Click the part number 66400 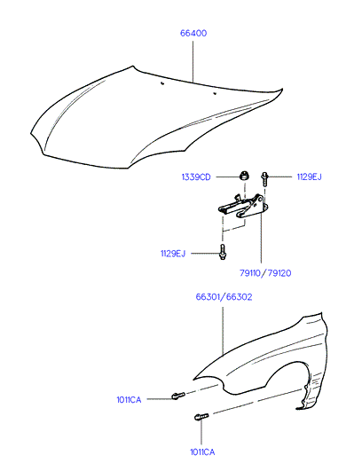[x=193, y=33]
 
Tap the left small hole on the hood [x=162, y=83]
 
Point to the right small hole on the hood [x=215, y=93]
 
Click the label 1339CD [x=196, y=177]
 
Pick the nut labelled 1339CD [x=245, y=175]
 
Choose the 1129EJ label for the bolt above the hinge [x=309, y=177]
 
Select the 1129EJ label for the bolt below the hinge [x=173, y=254]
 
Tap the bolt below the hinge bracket [x=223, y=252]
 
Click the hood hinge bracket [x=243, y=206]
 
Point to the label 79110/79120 [x=265, y=273]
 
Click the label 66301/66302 [x=224, y=297]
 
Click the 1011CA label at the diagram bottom [x=202, y=452]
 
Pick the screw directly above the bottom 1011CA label [x=201, y=417]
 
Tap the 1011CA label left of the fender [x=129, y=400]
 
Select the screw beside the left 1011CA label [x=178, y=396]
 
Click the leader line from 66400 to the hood [x=193, y=61]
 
